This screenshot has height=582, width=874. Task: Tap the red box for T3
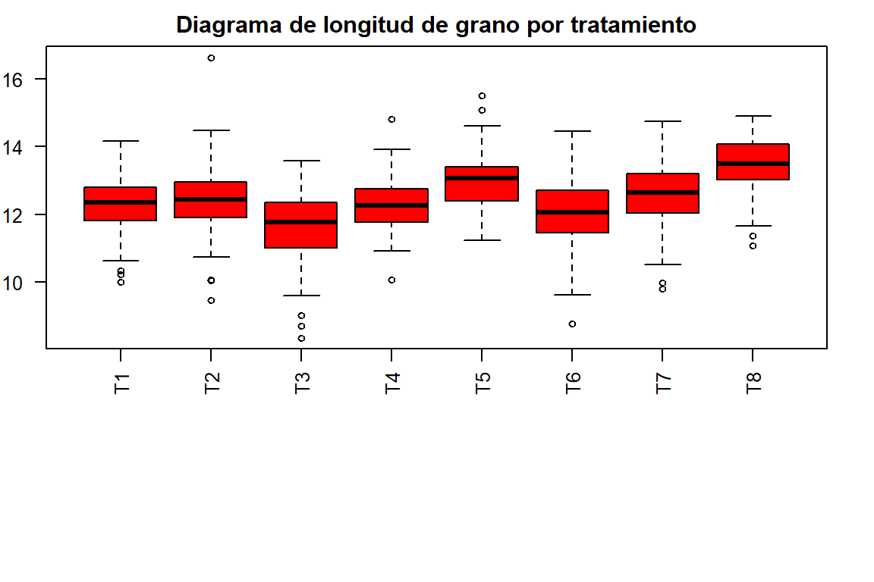tap(301, 235)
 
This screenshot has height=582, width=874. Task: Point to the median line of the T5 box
tap(482, 178)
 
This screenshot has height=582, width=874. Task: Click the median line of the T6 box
tap(572, 212)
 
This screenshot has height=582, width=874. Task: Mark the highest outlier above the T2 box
tap(211, 58)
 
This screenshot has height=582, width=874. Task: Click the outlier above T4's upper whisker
tap(391, 119)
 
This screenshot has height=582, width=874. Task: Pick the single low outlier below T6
tap(572, 324)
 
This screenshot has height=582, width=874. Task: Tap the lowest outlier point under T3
tap(301, 338)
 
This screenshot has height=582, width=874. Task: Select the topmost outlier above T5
tap(482, 95)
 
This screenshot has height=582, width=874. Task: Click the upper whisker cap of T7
tap(662, 121)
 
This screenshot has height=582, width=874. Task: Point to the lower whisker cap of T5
tap(482, 240)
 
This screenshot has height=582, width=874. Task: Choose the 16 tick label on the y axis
tap(30, 80)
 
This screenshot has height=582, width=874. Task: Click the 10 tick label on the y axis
tap(30, 282)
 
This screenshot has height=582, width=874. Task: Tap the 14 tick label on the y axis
tap(30, 146)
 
